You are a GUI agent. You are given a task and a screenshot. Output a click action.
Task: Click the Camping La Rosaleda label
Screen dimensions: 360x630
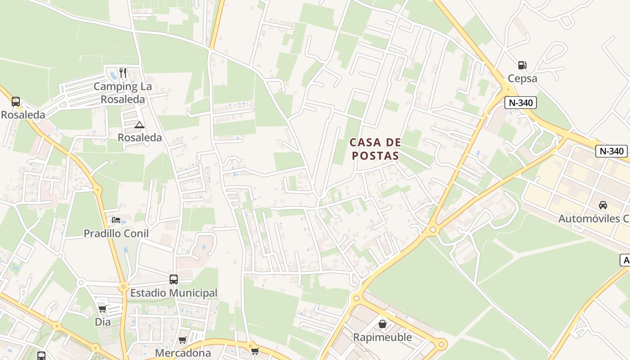[123, 93]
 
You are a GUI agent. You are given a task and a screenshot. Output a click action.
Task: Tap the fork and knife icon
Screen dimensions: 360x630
[123, 72]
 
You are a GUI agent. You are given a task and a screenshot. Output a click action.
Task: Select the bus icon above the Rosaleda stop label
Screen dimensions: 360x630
[16, 102]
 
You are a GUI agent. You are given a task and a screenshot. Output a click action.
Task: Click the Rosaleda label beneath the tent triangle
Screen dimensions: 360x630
[139, 137]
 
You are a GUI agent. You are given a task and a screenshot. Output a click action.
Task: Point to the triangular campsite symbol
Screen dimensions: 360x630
[139, 125]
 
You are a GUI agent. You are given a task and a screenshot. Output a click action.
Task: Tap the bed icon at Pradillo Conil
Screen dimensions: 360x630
[116, 220]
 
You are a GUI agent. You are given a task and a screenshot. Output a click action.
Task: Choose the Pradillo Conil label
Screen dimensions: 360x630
[116, 234]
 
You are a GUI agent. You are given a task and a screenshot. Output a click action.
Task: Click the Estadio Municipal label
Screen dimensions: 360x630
[174, 293]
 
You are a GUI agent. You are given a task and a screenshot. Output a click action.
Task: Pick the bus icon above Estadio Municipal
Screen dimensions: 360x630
[174, 279]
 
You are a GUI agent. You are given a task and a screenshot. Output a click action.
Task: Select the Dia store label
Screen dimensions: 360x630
[103, 322]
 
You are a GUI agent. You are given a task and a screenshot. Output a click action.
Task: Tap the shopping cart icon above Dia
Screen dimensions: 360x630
[103, 309]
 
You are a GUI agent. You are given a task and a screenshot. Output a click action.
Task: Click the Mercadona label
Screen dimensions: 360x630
[183, 353]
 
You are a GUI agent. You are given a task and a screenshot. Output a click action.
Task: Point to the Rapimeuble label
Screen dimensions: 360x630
[382, 337]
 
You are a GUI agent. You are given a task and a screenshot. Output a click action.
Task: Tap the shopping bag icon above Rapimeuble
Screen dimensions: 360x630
[382, 324]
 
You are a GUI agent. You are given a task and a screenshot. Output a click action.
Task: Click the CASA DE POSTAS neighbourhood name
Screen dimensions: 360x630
[375, 149]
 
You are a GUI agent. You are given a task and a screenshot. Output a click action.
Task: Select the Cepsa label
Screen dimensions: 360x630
[522, 78]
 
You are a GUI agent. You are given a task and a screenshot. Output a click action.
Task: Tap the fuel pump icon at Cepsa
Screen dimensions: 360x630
[522, 65]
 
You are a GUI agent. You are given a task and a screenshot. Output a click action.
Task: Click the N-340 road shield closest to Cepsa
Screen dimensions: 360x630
[521, 103]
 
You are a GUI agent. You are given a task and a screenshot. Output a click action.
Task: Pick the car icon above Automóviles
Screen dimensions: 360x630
[603, 205]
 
